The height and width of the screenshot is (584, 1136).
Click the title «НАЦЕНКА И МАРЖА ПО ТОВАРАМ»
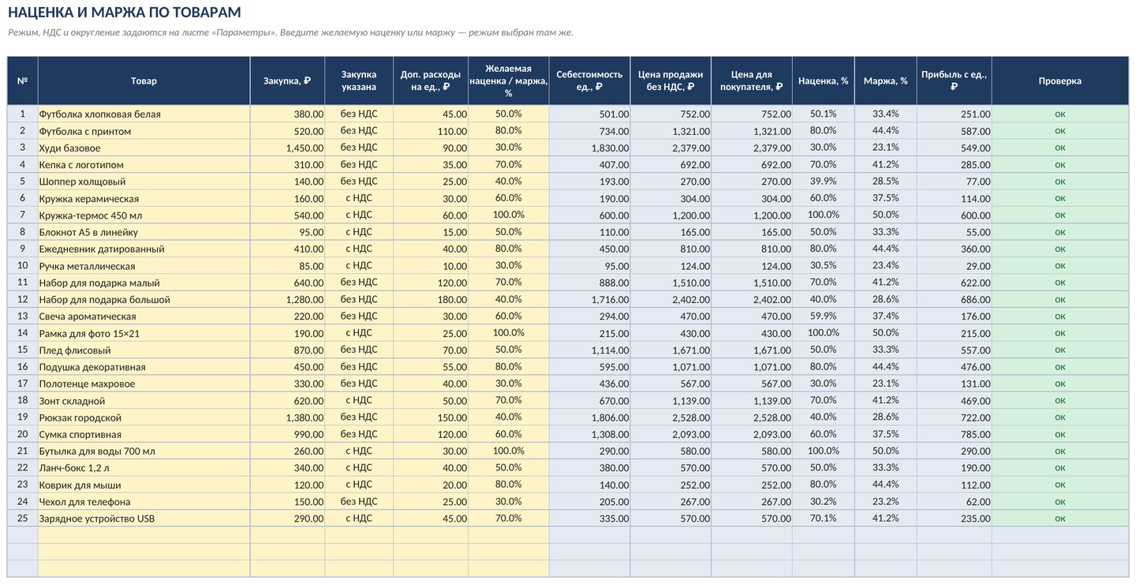click(125, 12)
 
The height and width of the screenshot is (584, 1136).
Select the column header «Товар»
click(144, 81)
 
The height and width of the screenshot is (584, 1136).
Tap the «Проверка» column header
click(1060, 81)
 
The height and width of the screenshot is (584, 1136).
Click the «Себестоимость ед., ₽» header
click(589, 80)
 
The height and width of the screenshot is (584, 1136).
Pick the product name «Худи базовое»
click(69, 148)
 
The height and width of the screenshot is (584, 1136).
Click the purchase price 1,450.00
click(305, 148)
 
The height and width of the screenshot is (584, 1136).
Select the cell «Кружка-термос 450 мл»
click(90, 215)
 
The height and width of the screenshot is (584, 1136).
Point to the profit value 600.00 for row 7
click(975, 215)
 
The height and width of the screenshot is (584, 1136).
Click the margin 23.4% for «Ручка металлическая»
click(885, 265)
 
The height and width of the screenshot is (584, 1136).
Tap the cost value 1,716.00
click(610, 300)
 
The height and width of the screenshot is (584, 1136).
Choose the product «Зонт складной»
click(72, 401)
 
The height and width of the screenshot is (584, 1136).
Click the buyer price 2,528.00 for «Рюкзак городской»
click(772, 417)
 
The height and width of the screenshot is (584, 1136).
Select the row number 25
click(22, 518)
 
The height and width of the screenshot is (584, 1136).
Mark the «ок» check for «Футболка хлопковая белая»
click(1060, 114)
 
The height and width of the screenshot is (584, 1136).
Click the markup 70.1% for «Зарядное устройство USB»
click(823, 518)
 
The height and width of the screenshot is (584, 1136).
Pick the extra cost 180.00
click(452, 300)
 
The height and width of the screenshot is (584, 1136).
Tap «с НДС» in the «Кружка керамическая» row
click(358, 198)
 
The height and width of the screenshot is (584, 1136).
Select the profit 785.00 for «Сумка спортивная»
click(975, 434)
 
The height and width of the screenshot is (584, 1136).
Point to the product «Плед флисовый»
click(74, 350)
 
